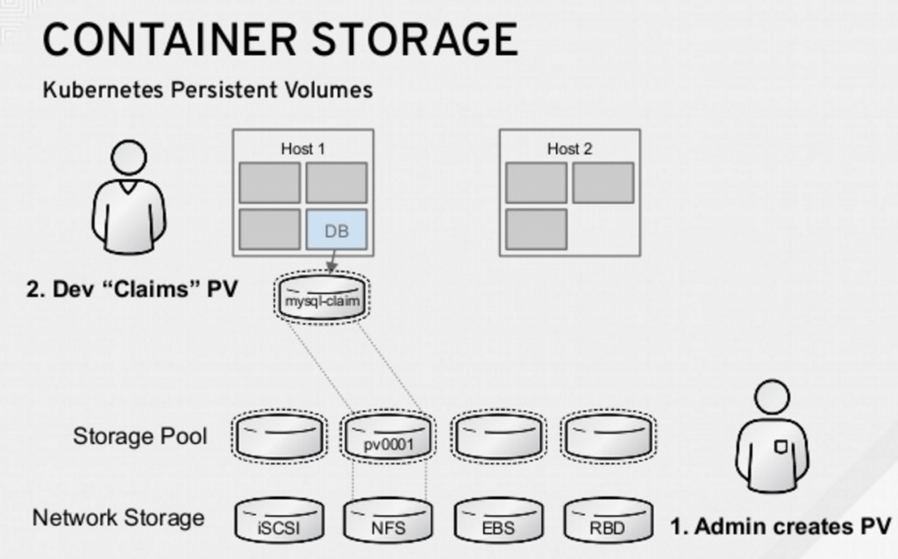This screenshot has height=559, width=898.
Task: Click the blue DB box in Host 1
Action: (337, 230)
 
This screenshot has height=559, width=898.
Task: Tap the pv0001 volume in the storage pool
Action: (387, 439)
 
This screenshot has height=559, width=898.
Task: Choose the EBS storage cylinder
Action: (498, 522)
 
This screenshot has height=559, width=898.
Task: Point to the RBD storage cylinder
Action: (608, 522)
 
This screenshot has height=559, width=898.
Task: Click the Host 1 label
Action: (303, 148)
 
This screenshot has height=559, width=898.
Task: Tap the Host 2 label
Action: (569, 148)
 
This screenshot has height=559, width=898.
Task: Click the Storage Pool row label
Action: (140, 436)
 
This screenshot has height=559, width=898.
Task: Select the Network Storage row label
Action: (118, 518)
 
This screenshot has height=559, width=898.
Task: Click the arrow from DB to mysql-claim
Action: (331, 262)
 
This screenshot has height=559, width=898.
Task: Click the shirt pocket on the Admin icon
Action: (779, 448)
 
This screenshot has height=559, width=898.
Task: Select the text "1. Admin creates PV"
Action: (780, 527)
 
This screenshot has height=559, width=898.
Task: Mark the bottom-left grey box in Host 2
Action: (536, 228)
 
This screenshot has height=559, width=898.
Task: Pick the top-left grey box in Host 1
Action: (269, 183)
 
